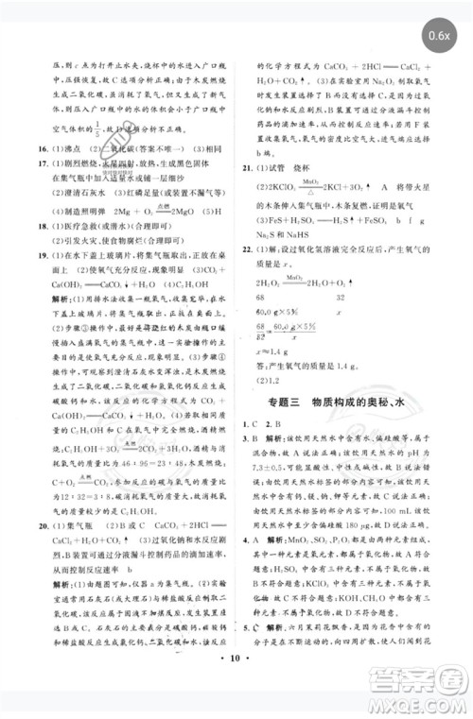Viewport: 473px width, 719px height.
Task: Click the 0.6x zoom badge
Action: (438, 37)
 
